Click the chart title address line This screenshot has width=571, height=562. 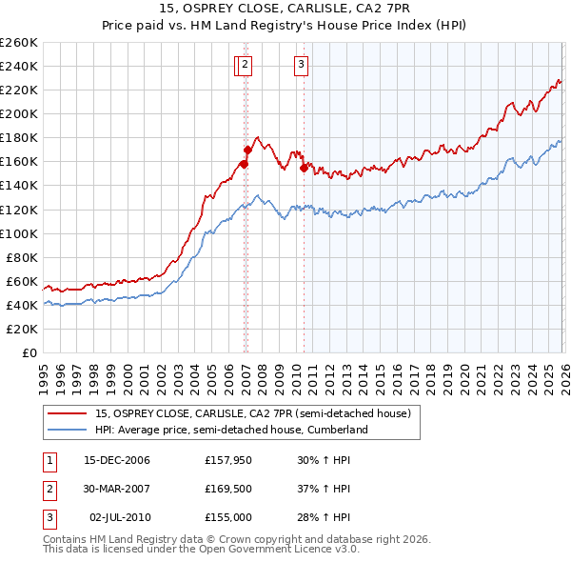pos(285,9)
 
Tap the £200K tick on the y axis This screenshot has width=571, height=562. pos(18,113)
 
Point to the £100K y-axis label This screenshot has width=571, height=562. pos(18,233)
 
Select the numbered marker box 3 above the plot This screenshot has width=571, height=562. pos(301,65)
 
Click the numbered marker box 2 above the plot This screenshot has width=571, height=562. pos(245,65)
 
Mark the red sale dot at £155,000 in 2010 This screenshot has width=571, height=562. pos(304,168)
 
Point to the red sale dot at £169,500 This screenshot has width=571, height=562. pos(248,150)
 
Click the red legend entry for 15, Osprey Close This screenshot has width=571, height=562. pos(252,413)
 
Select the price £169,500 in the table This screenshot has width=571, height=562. pos(227,489)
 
